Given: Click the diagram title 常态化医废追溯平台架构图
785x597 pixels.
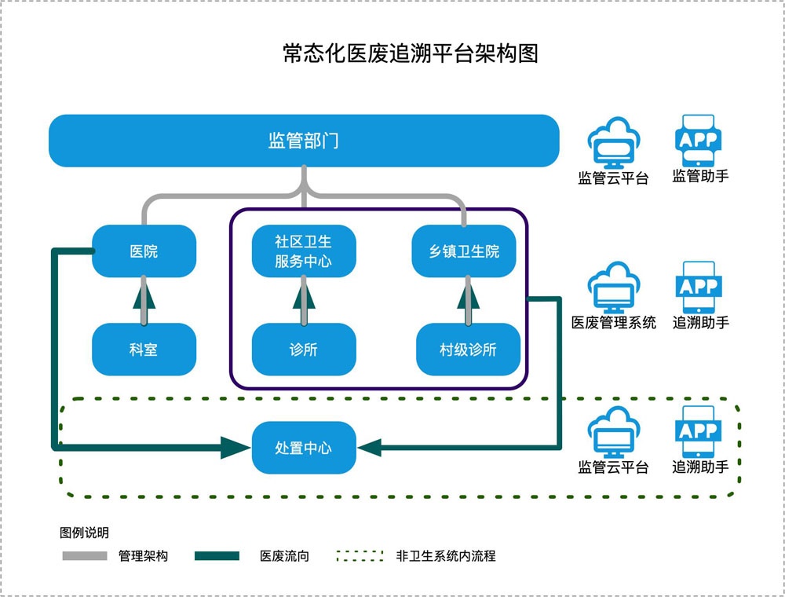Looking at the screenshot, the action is click(x=411, y=53).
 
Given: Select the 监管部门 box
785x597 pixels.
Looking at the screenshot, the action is click(x=304, y=141).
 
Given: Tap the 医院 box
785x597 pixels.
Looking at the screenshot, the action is click(x=144, y=251).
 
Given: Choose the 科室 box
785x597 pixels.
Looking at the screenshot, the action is click(x=144, y=349).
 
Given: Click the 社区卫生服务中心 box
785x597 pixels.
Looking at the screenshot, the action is click(x=304, y=251).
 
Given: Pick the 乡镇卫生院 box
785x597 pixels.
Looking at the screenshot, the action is click(x=464, y=251).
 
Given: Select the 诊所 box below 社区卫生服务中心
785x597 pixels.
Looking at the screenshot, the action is click(x=304, y=349).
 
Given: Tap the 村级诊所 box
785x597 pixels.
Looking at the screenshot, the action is click(x=468, y=349).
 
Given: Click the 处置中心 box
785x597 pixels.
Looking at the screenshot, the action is click(x=304, y=447).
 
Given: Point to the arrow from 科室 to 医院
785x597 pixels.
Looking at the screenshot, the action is click(x=144, y=301).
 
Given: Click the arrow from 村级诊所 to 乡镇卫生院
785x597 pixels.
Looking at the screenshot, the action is click(x=468, y=301).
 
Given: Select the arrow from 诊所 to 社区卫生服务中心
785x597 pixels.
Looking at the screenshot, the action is click(x=304, y=301).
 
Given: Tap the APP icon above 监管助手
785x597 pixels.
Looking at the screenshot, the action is click(x=699, y=141).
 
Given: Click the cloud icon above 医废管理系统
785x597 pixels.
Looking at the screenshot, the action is click(x=614, y=287).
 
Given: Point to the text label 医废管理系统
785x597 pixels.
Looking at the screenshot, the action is click(x=614, y=323).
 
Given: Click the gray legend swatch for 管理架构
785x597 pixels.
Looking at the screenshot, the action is click(x=85, y=556).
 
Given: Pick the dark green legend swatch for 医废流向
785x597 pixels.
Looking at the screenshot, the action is click(x=217, y=556).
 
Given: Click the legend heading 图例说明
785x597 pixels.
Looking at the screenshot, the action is click(x=84, y=533).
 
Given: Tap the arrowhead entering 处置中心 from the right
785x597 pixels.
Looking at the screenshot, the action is click(x=370, y=447).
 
